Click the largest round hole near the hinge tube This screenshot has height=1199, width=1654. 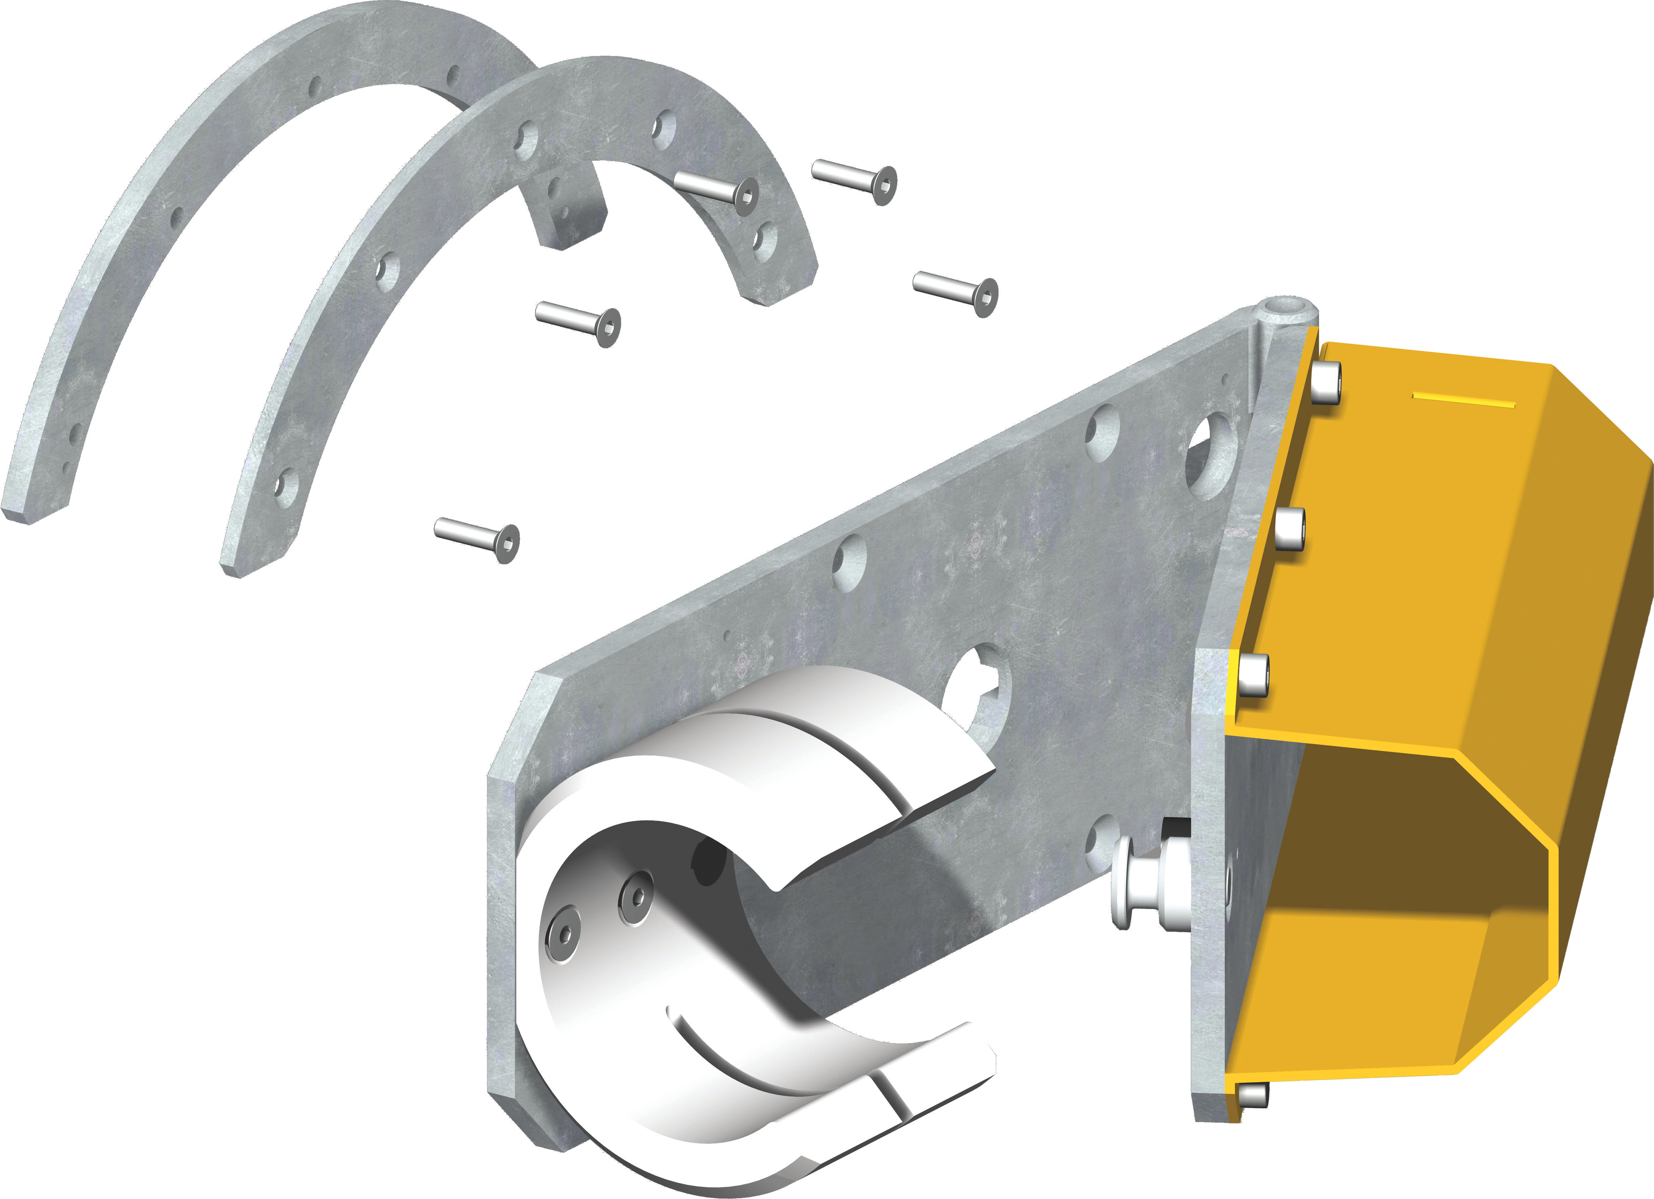[1211, 456]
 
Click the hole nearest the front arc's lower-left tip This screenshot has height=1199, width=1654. [287, 487]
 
